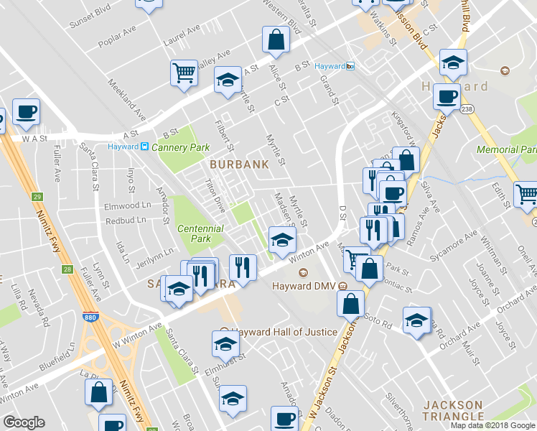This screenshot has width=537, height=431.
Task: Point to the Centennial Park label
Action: [200, 233]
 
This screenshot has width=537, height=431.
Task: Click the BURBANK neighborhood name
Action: [239, 164]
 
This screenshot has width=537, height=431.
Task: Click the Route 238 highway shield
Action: [467, 109]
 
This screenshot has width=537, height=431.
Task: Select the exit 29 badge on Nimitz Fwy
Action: [37, 196]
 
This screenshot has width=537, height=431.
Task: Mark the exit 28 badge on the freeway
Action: [67, 269]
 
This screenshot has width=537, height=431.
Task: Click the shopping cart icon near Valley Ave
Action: [184, 73]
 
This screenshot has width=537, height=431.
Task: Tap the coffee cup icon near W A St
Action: [26, 111]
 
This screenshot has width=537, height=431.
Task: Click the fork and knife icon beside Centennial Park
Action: [243, 268]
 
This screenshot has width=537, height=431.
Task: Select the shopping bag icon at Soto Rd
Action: [350, 303]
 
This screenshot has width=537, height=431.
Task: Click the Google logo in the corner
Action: [24, 422]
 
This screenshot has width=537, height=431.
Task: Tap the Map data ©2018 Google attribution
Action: [493, 425]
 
